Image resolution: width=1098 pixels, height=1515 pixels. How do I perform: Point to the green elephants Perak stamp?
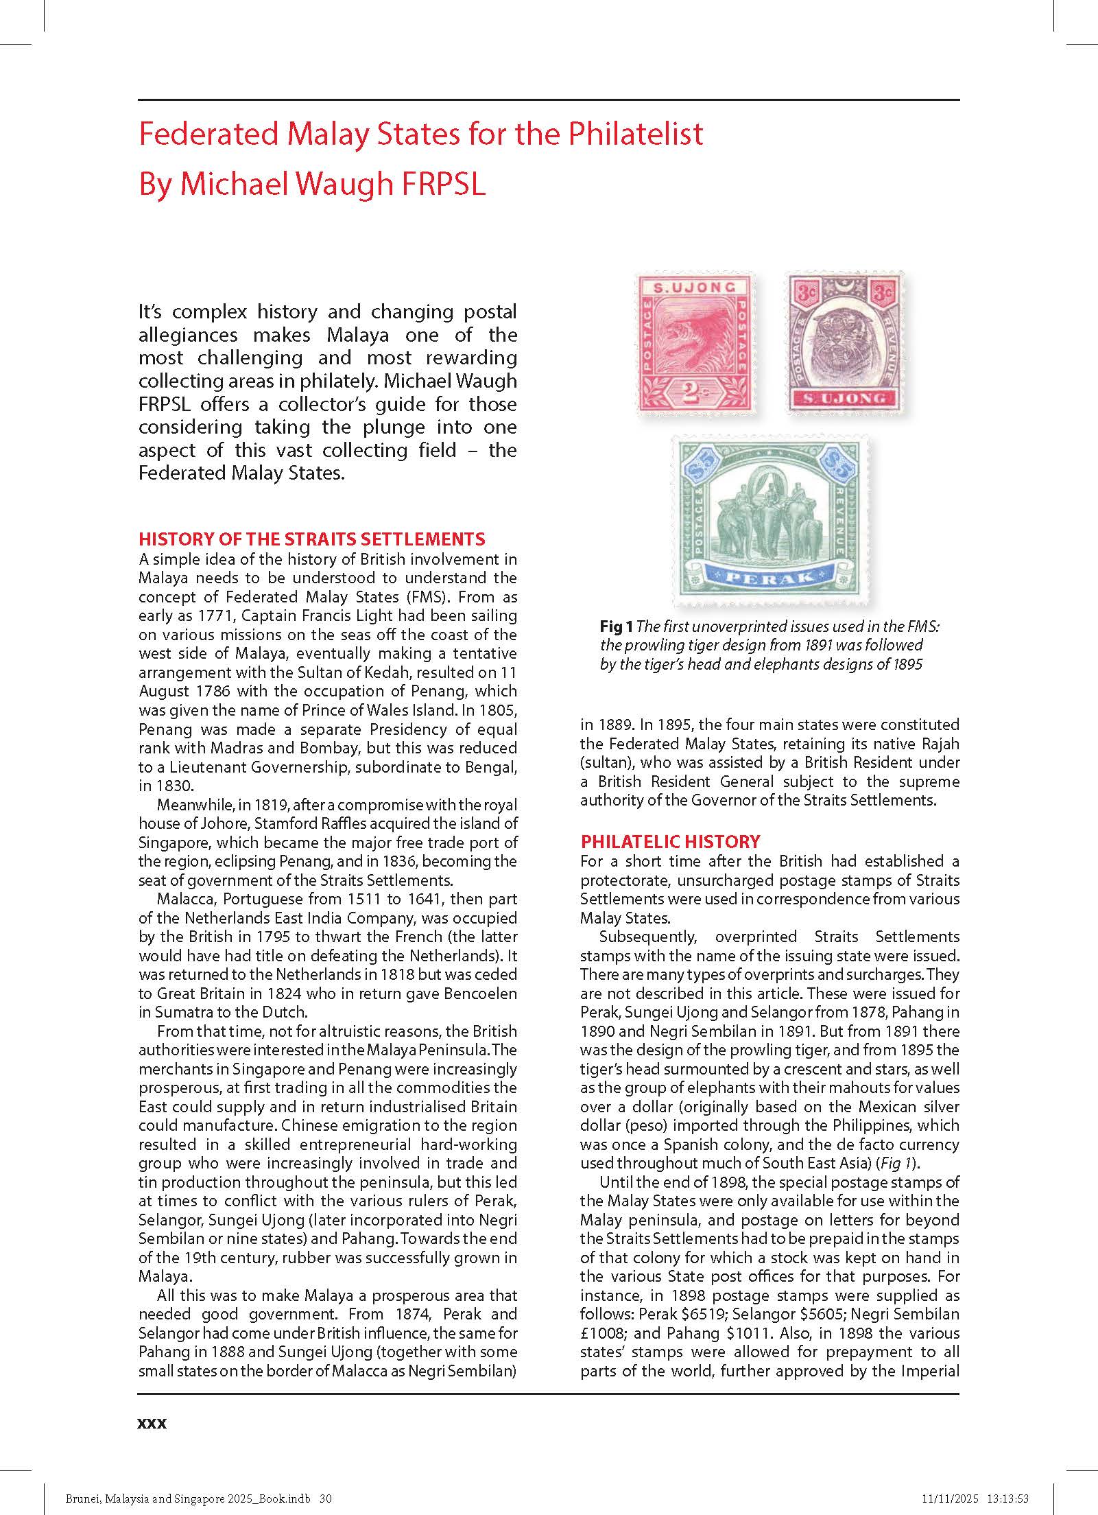pos(772,521)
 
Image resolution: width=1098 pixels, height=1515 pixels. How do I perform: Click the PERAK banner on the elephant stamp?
pos(772,577)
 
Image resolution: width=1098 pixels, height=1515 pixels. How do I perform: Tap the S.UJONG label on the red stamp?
pos(694,287)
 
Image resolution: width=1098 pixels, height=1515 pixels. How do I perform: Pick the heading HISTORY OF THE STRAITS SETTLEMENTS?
pos(311,539)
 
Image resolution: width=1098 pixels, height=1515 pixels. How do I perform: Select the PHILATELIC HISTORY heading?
pos(670,841)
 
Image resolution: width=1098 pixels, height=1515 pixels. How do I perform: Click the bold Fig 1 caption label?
pos(615,626)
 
